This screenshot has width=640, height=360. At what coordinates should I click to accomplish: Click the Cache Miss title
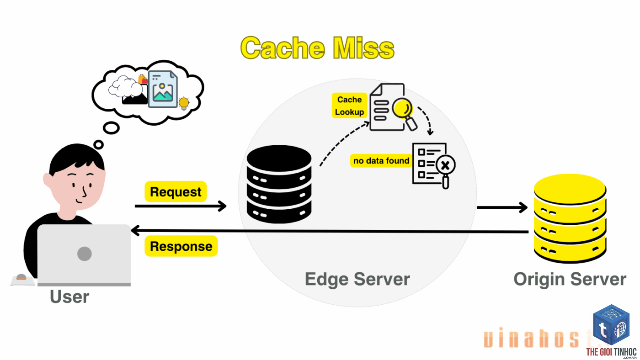[317, 48]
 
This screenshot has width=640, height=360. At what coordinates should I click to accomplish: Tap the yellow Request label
[176, 191]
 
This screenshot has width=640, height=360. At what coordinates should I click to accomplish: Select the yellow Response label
[181, 246]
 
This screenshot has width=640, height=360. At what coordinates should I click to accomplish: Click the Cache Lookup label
[349, 106]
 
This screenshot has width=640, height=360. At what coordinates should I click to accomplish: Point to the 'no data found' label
[381, 161]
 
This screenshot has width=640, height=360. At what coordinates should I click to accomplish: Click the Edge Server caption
[357, 279]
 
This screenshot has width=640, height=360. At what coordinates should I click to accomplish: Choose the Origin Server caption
[570, 279]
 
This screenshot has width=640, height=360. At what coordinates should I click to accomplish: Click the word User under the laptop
[69, 296]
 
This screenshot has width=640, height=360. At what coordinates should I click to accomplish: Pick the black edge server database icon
[279, 184]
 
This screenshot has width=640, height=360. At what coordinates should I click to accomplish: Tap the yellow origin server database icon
[570, 218]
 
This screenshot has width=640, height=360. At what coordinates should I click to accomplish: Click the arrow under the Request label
[181, 206]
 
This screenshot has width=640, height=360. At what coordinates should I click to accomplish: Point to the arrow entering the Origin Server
[502, 207]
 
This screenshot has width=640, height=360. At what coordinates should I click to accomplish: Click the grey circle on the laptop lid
[84, 254]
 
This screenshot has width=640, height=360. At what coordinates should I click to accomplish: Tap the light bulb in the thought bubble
[184, 103]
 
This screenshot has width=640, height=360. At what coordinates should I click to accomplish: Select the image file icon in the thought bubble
[163, 89]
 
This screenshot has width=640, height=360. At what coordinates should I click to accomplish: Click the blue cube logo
[611, 325]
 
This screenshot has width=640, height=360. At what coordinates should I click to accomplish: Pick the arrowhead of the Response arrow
[135, 231]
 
